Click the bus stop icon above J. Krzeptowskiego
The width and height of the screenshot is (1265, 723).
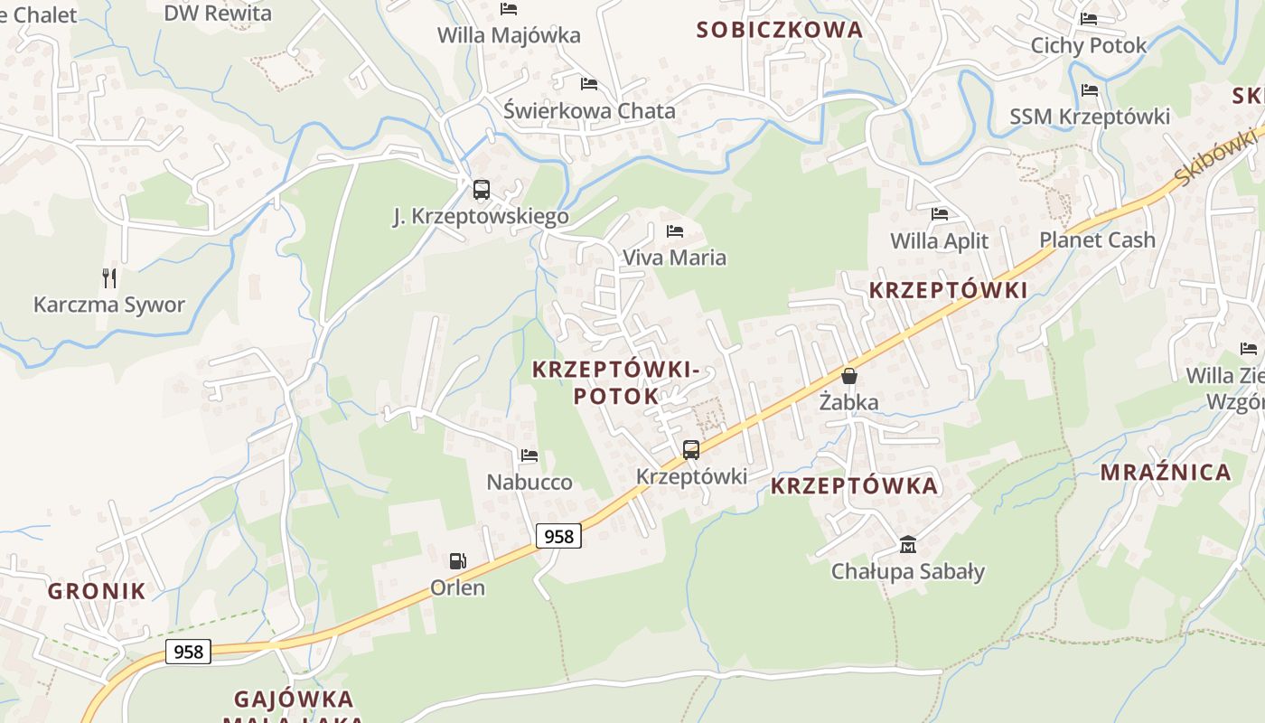coord(482,190)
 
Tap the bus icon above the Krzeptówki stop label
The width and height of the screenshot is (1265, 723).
coord(691,449)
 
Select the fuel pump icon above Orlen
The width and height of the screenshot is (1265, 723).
coord(458,561)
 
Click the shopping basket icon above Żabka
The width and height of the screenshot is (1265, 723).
coord(849,376)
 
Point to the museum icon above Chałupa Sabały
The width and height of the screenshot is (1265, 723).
coord(908,544)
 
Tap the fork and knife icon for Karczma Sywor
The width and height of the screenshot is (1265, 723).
coord(110,277)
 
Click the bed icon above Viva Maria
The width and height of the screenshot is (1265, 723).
coord(675,231)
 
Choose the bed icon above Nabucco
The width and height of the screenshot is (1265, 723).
coord(529,455)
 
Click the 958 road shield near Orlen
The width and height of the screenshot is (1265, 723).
coord(558,536)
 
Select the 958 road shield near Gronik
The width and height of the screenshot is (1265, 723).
coord(188,652)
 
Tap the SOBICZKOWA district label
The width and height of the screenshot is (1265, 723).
coord(780,30)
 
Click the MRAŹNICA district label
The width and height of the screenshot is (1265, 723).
coord(1166,472)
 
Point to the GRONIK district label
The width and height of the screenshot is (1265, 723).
coord(97,591)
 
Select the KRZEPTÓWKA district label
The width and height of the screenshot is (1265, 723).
coord(854,486)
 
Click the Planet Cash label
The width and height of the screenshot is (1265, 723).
coord(1097,239)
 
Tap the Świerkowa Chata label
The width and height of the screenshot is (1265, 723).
coord(589,111)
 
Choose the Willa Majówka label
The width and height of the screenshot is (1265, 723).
coord(509,35)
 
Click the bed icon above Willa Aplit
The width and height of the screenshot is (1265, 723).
coord(940,214)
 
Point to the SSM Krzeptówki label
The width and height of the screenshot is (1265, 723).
coord(1090,117)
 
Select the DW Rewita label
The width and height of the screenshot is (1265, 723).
coord(218,13)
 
